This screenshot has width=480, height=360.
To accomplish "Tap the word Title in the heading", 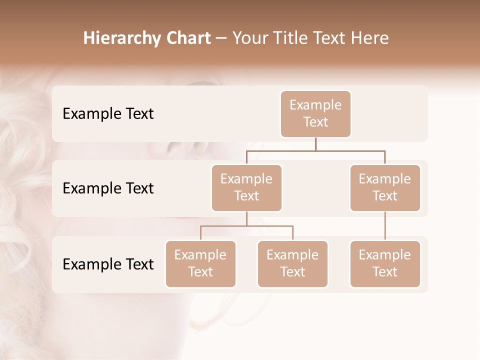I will pos(289,38).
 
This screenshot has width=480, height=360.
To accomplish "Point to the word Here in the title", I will pos(370,38).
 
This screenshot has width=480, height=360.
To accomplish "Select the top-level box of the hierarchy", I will pos(315,113).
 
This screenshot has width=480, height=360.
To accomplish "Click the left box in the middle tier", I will pos(246,187).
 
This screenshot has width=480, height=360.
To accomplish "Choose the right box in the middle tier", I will pos(385,187).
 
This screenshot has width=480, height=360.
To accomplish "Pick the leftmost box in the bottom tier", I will pos(200,263).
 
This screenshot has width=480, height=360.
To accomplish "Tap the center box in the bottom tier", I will pos(292,263).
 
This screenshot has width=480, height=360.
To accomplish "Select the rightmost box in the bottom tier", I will pos(385,263).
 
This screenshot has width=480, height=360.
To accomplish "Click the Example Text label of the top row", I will pos(108,114).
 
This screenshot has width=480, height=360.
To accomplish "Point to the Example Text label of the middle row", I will pos(108,188).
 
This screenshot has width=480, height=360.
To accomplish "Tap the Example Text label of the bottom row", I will pos(108,264).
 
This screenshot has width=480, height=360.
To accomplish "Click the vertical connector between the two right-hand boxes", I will pos(385,226).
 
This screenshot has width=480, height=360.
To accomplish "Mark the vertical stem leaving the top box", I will pos(315,144).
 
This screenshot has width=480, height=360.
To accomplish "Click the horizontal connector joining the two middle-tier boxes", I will pos(315,150).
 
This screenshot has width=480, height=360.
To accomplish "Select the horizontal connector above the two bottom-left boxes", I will pos(246,226).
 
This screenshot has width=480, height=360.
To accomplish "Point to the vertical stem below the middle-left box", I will pos(246,218).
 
